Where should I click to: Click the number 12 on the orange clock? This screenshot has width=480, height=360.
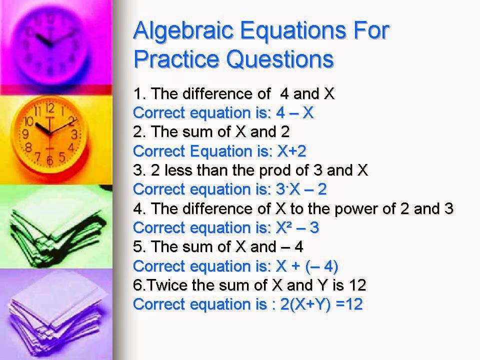click(x=50, y=108)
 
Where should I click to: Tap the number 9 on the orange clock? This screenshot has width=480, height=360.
click(x=25, y=134)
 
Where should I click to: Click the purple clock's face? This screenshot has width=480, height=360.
click(x=52, y=42)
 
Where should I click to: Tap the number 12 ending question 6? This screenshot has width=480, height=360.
click(x=357, y=285)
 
